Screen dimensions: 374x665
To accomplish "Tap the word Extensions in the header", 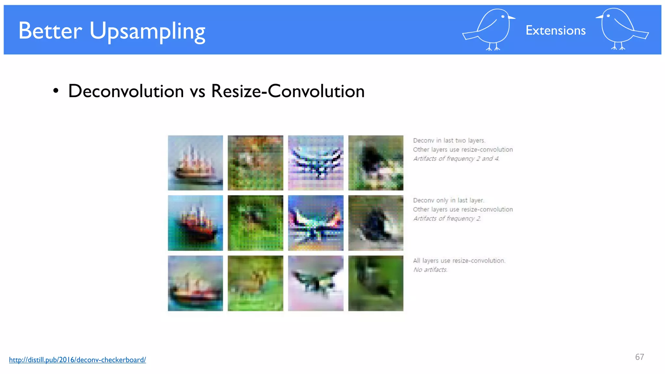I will click(x=555, y=31).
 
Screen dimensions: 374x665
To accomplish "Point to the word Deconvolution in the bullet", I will click(x=126, y=91).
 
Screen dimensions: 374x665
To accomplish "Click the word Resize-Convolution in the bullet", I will click(x=288, y=91).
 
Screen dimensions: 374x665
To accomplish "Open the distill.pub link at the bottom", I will click(x=77, y=360).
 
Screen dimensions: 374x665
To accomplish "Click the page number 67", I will click(x=639, y=357).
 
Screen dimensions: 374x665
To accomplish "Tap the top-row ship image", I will click(x=195, y=163).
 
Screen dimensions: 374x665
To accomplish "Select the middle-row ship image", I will click(x=195, y=223).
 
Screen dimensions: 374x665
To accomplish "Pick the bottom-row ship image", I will click(x=195, y=283).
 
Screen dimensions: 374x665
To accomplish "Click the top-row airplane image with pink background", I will click(x=316, y=163).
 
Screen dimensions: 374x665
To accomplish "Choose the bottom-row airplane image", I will click(x=316, y=283).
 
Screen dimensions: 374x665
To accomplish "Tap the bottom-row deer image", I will click(x=255, y=283).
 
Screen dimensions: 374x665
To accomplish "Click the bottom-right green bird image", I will click(x=376, y=283).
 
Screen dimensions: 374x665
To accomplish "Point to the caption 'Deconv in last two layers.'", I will click(x=449, y=141).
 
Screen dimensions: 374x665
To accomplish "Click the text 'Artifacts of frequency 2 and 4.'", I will click(x=456, y=159).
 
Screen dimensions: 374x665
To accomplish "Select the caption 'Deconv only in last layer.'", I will click(x=448, y=200).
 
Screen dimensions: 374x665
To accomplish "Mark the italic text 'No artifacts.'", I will click(x=430, y=270).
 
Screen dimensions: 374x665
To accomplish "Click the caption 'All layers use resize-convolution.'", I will click(x=459, y=261).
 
